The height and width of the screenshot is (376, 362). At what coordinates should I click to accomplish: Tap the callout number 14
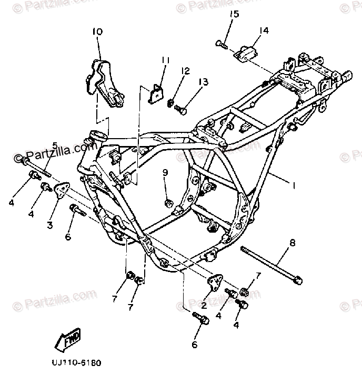pos(264,32)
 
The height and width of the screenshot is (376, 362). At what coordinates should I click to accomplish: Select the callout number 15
pos(233,14)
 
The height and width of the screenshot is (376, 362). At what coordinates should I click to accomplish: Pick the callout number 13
pos(203,82)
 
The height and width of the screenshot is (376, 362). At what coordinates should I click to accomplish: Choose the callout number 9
pos(165,172)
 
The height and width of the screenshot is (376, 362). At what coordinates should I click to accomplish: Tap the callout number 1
pos(295,185)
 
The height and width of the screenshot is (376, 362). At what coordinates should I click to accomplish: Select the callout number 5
pos(54,145)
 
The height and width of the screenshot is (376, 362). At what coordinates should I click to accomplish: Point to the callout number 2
pos(204,305)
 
